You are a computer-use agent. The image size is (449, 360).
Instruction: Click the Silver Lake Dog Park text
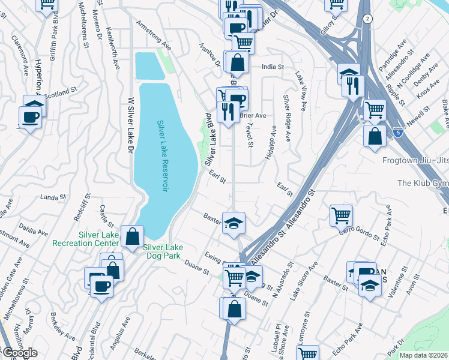coord(163,251)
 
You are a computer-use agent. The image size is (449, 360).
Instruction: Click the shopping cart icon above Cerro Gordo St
coord(341,214)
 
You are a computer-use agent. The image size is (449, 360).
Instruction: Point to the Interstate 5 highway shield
coord(398,131)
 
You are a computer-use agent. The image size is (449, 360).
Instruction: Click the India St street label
coord(272,67)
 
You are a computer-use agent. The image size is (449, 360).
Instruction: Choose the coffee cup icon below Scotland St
coord(29,118)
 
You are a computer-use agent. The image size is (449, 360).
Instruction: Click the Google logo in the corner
coord(19,353)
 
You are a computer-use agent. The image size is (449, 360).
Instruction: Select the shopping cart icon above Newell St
coord(374,110)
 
